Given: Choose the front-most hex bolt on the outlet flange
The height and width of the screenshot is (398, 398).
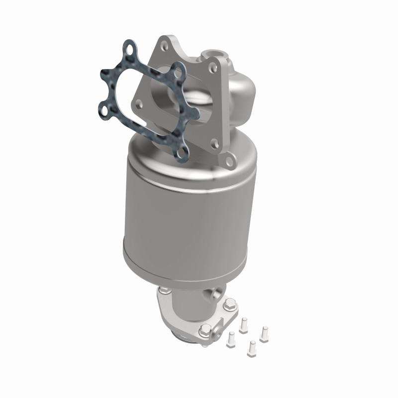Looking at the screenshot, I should point(204,330).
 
